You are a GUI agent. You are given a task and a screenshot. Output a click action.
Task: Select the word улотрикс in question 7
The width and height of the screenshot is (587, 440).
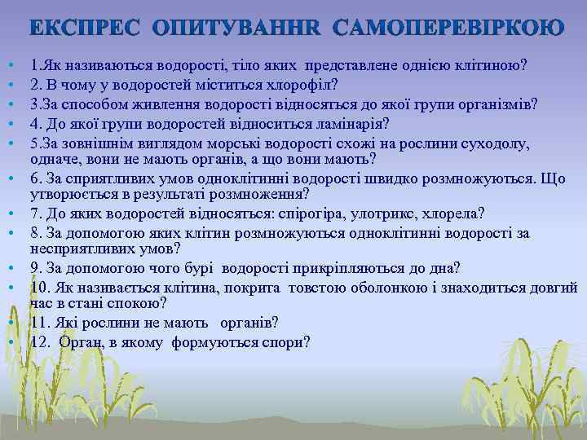click(x=378, y=213)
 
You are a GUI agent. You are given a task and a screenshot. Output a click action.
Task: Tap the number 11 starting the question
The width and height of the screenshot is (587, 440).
click(x=38, y=322)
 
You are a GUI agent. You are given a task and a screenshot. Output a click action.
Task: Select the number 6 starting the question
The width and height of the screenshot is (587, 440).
click(x=34, y=178)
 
